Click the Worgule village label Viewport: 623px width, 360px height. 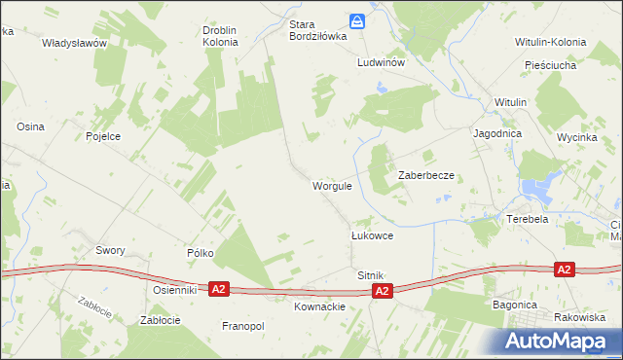(x=331, y=185)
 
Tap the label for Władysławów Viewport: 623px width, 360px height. (x=73, y=44)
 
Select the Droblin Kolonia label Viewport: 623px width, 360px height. (x=221, y=36)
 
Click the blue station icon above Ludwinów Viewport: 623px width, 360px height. (x=358, y=20)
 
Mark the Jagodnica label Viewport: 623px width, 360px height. (x=497, y=133)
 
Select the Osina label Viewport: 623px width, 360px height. (x=30, y=127)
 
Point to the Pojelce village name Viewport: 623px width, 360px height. (x=103, y=137)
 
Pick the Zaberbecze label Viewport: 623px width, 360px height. (x=427, y=175)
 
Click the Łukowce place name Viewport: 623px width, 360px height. (x=372, y=236)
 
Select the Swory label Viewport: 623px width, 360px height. (x=110, y=250)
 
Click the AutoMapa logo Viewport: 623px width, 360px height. (x=560, y=341)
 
